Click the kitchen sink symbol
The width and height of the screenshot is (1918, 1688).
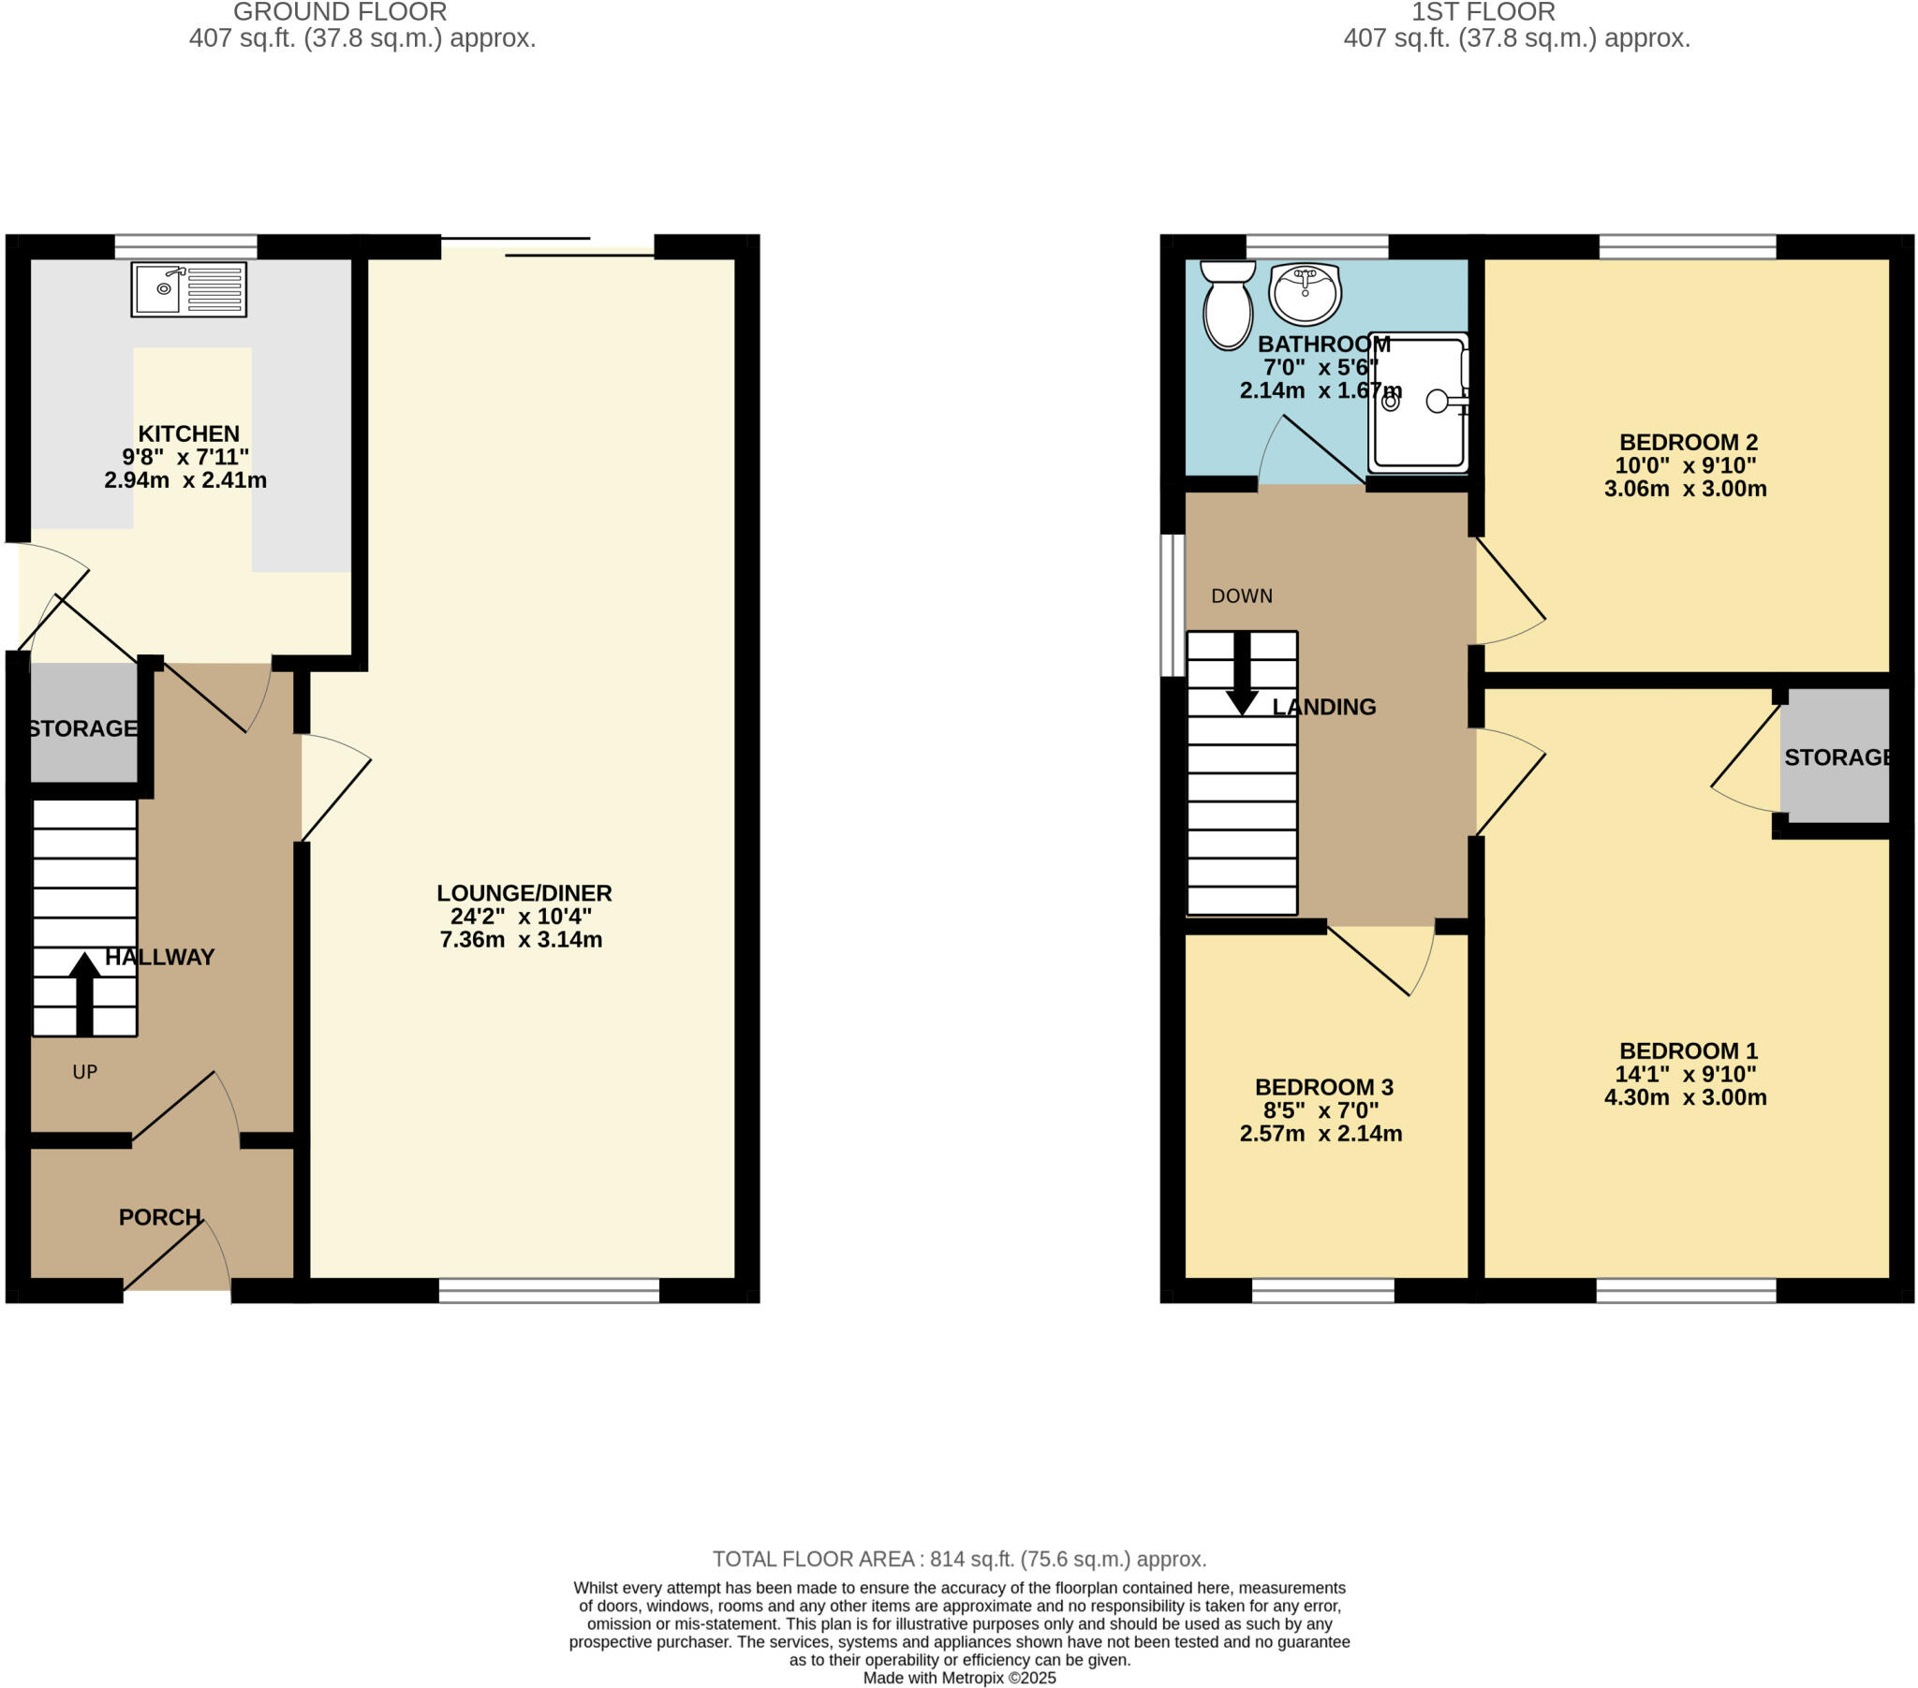(188, 289)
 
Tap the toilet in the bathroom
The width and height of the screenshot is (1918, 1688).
(1228, 305)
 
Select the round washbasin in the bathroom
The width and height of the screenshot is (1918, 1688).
(1305, 293)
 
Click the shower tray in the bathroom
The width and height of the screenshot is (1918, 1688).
(1418, 402)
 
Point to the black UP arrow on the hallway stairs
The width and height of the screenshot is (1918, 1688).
(84, 993)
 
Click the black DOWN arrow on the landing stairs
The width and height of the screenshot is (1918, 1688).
(1242, 674)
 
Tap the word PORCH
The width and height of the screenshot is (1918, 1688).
(159, 1217)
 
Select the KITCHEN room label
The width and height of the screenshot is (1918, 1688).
(188, 433)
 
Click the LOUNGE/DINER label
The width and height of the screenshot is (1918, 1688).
(524, 892)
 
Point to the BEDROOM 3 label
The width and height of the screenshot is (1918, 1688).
(1323, 1087)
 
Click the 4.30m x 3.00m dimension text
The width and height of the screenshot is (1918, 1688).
(1685, 1097)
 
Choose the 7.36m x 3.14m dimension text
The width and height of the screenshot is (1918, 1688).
(521, 939)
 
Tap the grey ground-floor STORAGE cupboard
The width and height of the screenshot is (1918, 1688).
(83, 723)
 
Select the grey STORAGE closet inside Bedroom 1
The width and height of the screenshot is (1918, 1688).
(1835, 756)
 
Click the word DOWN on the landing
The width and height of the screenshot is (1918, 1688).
(1241, 595)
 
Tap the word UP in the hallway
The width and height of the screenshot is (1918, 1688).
(84, 1072)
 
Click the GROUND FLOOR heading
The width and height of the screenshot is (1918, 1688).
(340, 12)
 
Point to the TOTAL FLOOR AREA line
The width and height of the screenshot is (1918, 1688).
(958, 1559)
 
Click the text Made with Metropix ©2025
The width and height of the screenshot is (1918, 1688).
(958, 1678)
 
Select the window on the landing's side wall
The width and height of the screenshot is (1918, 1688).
(1172, 605)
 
